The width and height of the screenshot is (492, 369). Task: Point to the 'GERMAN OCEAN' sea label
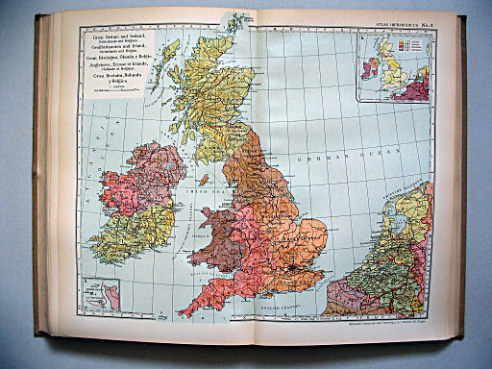tap(332, 158)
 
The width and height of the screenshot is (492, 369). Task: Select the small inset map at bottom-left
tap(99, 294)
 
